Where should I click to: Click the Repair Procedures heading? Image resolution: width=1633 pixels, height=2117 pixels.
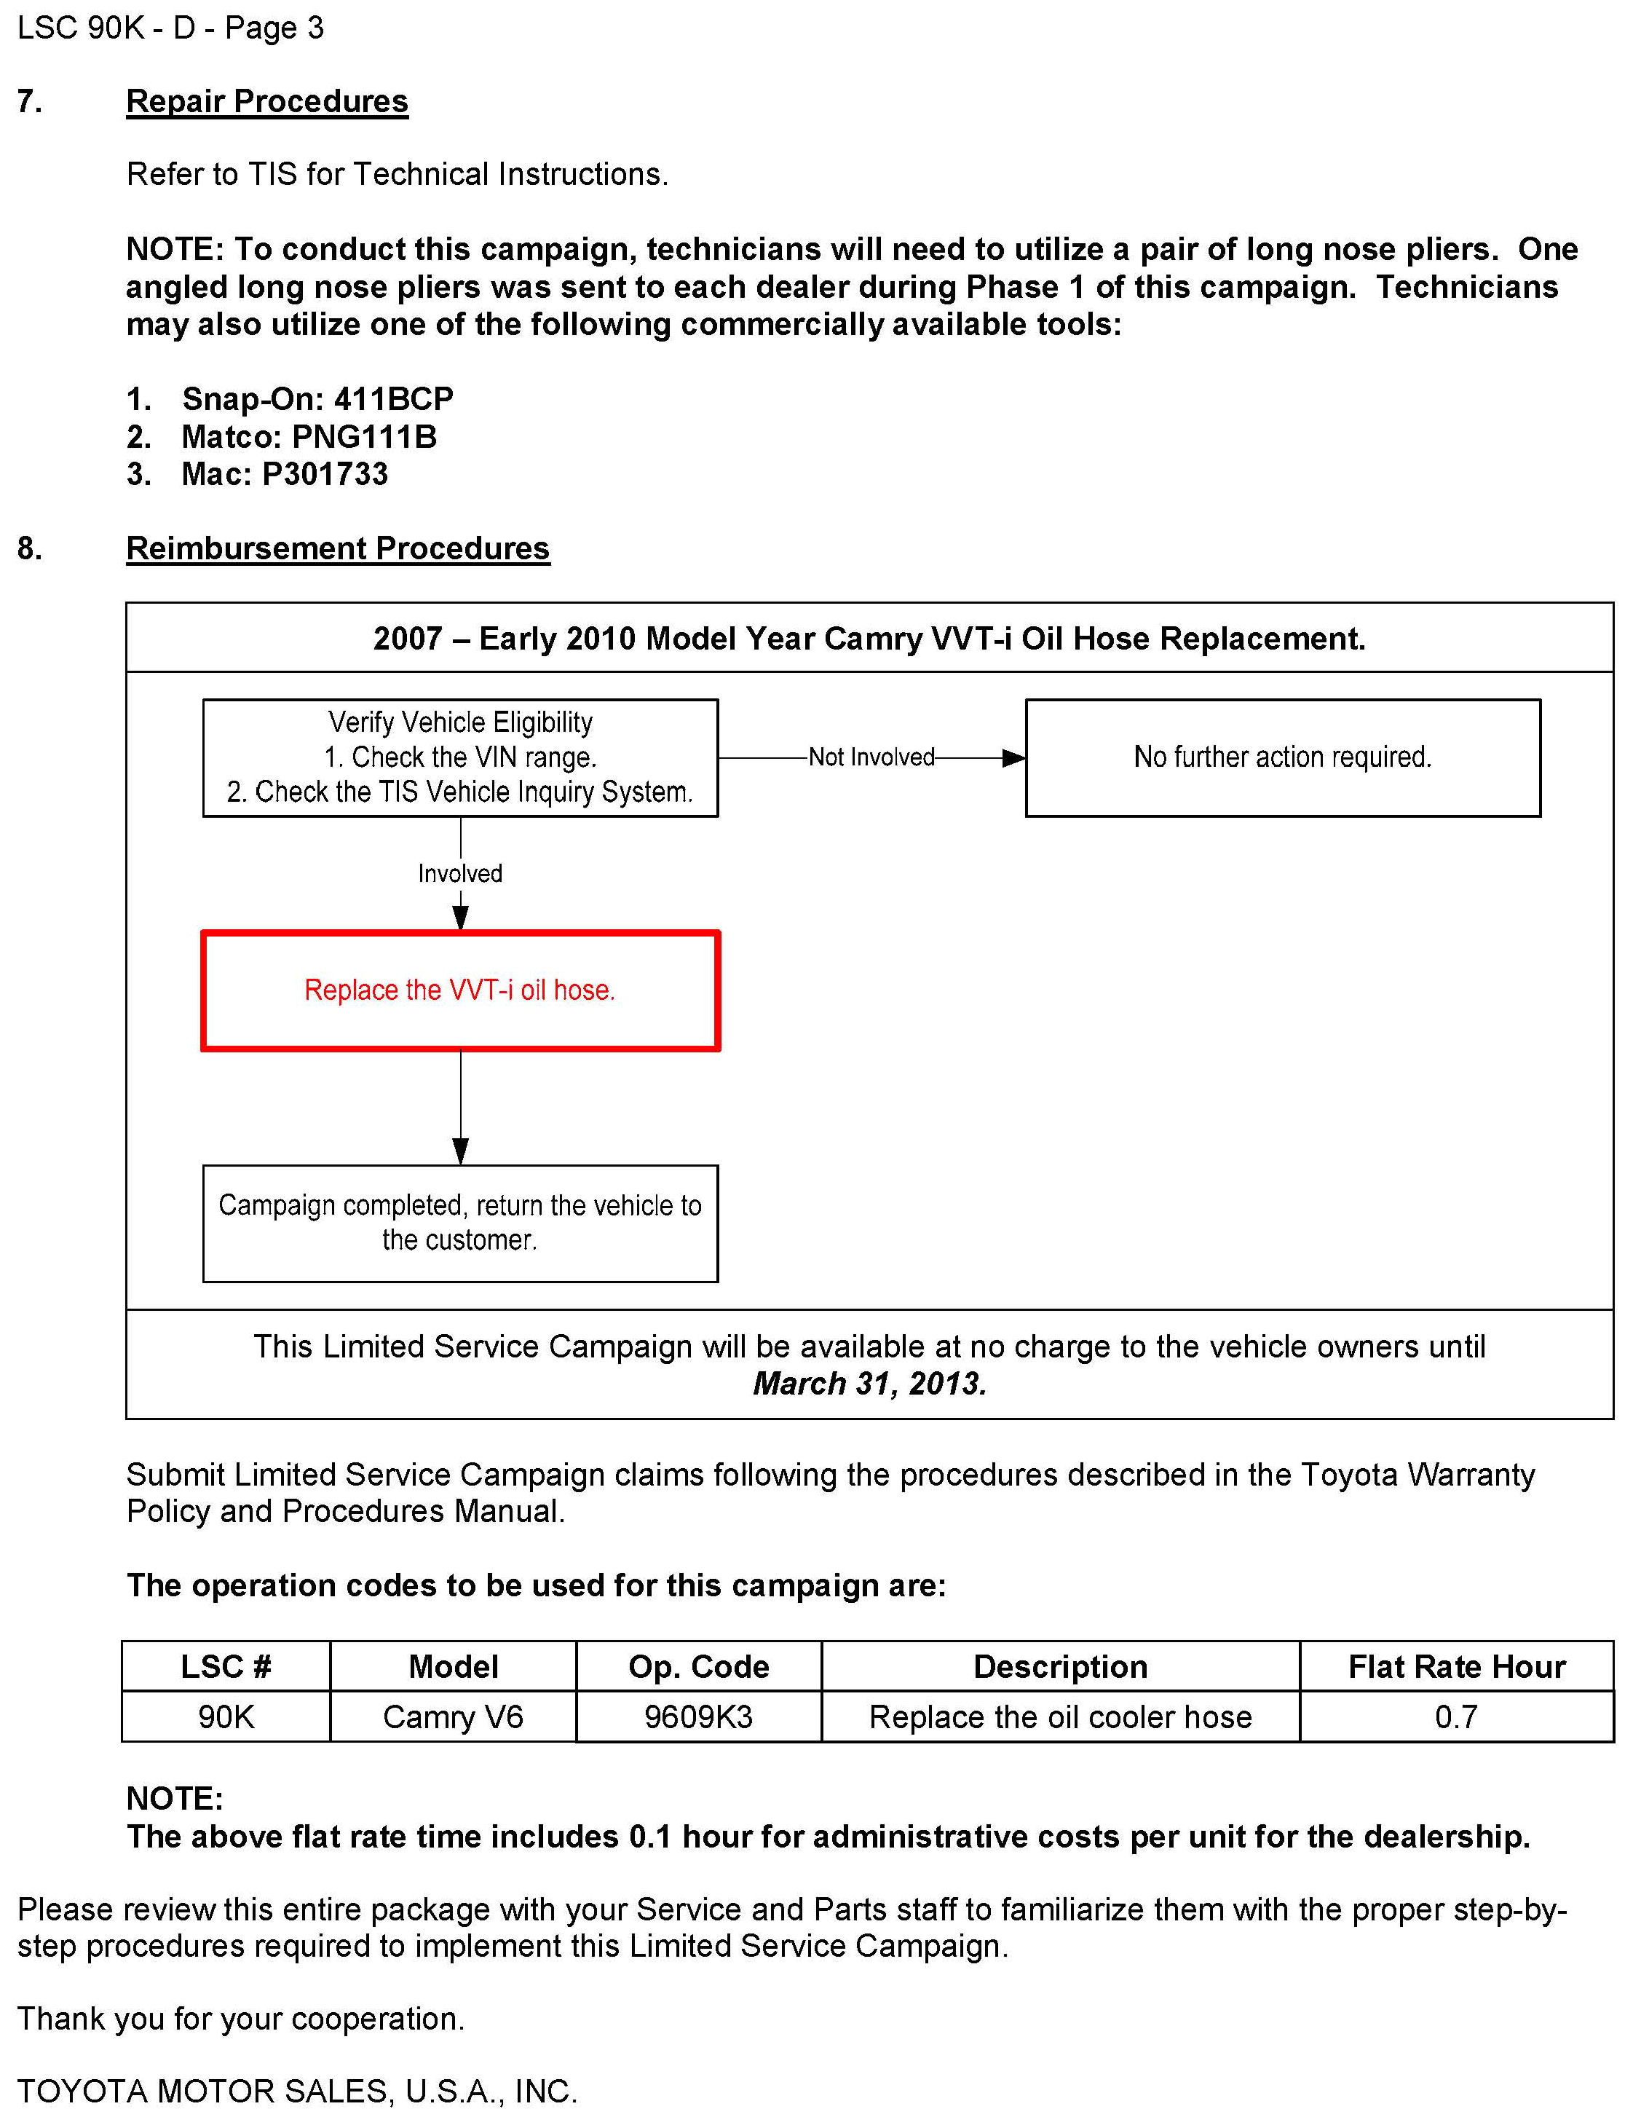click(266, 102)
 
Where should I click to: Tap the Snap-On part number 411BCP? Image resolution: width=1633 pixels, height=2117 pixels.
click(392, 399)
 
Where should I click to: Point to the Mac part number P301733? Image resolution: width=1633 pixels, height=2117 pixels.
click(325, 474)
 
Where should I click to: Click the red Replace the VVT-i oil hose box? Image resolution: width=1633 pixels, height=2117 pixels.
click(460, 990)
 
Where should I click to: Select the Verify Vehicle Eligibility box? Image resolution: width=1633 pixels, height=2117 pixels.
click(460, 758)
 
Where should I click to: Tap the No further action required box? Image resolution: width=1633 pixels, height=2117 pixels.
click(1282, 758)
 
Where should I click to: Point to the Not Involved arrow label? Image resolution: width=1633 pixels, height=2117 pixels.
click(871, 757)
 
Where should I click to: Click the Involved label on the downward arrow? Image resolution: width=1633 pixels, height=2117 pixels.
click(460, 873)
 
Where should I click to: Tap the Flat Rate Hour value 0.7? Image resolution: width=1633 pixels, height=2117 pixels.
click(1455, 1716)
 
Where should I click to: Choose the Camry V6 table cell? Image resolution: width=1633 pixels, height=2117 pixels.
click(453, 1716)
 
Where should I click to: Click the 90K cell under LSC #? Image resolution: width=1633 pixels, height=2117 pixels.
click(226, 1716)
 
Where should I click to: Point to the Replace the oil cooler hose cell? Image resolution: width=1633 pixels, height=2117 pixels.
click(1060, 1716)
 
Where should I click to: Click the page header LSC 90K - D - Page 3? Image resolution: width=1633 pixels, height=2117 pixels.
click(170, 28)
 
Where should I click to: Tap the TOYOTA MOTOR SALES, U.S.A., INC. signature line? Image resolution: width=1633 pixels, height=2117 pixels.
click(298, 2091)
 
